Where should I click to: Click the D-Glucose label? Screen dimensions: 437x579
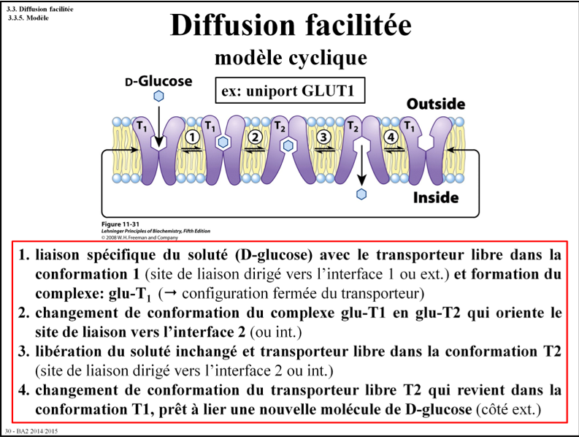tap(158, 80)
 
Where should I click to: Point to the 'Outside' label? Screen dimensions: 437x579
tap(435, 104)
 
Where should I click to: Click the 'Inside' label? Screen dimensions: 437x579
tap(435, 197)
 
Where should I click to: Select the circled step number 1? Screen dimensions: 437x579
tap(192, 136)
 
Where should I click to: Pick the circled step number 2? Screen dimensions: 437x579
tap(255, 136)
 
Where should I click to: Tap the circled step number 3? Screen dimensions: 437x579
tap(324, 136)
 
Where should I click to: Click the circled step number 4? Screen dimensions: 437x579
tap(391, 136)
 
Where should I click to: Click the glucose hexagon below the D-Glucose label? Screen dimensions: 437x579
tap(158, 96)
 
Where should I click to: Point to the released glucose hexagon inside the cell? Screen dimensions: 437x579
tap(361, 194)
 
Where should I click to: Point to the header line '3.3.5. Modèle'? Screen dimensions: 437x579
tap(28, 17)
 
